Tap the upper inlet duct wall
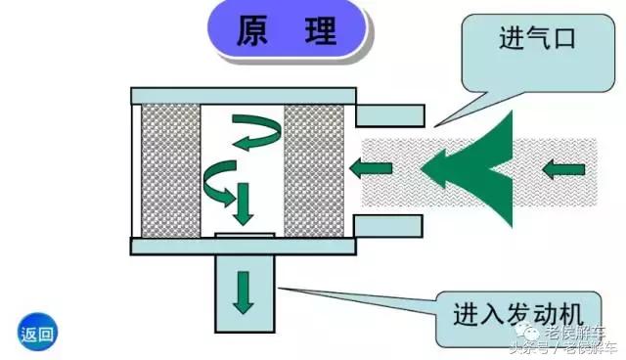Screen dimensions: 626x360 [390, 116]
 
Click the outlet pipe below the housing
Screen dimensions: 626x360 [245, 293]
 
